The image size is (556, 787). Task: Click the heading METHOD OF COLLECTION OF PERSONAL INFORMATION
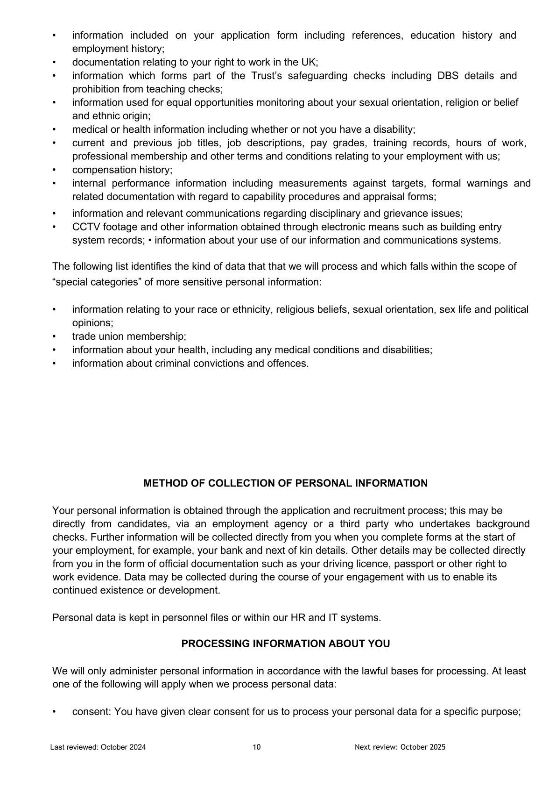(285, 483)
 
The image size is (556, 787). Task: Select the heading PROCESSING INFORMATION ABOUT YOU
(285, 644)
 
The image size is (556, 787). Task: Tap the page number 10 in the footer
(257, 747)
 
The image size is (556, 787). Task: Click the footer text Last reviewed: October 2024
(98, 747)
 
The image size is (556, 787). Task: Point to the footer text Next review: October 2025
(400, 747)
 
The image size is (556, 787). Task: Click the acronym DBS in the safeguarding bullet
(448, 76)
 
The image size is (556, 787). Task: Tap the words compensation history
(122, 170)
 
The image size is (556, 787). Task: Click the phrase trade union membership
(129, 336)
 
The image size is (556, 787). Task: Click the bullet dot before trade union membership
(54, 336)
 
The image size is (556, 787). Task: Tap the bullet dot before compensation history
(54, 170)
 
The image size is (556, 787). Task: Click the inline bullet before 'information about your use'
(150, 241)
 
